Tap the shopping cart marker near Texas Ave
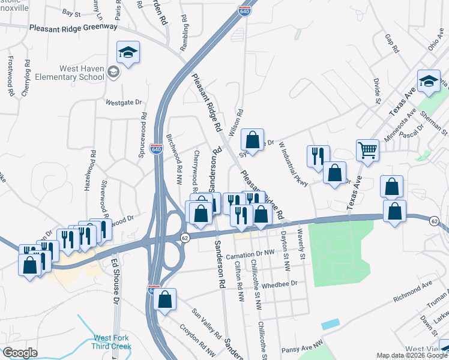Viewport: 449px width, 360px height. pyautogui.click(x=367, y=151)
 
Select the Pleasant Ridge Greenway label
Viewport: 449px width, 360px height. pyautogui.click(x=73, y=27)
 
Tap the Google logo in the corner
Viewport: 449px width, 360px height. pyautogui.click(x=20, y=353)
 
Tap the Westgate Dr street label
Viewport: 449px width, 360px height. pyautogui.click(x=124, y=102)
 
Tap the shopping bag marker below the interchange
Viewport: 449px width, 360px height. pyautogui.click(x=165, y=298)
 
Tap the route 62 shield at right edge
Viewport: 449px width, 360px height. pyautogui.click(x=434, y=221)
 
